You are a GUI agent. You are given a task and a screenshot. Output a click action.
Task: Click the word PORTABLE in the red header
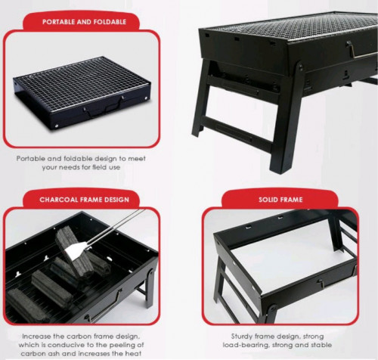pyautogui.click(x=59, y=22)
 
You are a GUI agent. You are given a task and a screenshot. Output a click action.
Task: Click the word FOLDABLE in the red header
pyautogui.click(x=110, y=22)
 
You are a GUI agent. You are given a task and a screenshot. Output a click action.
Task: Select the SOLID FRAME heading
pyautogui.click(x=280, y=200)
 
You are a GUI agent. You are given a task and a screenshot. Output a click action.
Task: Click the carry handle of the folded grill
pyautogui.click(x=104, y=110)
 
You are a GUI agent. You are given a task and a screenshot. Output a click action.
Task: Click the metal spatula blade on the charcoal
pyautogui.click(x=75, y=249)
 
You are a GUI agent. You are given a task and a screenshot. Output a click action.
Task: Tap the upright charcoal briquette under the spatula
pyautogui.click(x=73, y=252)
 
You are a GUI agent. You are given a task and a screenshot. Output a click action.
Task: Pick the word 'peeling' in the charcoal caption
pyautogui.click(x=119, y=345)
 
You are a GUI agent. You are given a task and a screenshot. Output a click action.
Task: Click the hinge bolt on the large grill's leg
pyautogui.click(x=300, y=66)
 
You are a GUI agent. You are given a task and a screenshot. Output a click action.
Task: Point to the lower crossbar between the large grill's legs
pyautogui.click(x=236, y=134)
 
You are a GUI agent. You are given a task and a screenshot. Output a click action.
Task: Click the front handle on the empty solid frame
pyautogui.click(x=327, y=282)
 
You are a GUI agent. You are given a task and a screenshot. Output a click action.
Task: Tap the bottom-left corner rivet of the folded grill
pyautogui.click(x=57, y=126)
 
